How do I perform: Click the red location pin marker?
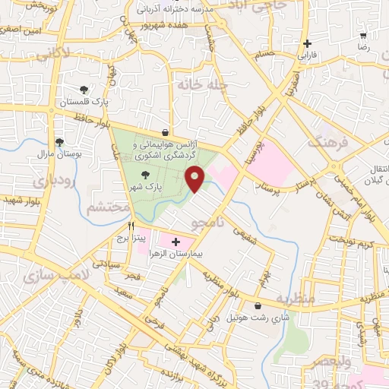click(195, 179)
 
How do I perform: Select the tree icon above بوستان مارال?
click(59, 141)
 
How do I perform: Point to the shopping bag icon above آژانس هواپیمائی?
click(165, 132)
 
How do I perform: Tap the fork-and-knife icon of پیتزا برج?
click(131, 226)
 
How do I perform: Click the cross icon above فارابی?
click(307, 43)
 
